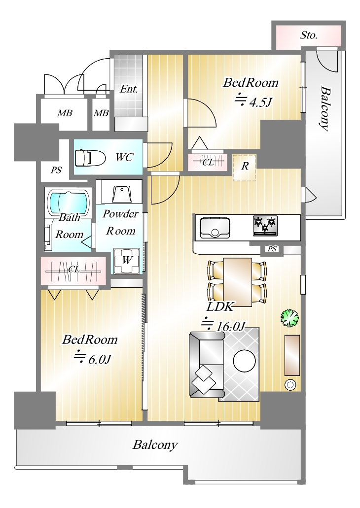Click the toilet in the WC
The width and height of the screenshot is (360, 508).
91,158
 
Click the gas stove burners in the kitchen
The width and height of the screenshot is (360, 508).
266,226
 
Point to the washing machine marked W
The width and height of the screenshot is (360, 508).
127,260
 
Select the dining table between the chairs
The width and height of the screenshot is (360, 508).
237,282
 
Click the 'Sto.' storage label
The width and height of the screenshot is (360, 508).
308,35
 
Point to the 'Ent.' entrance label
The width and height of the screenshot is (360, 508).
129,89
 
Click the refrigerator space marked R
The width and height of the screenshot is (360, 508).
245,167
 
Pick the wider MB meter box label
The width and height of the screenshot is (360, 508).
65,113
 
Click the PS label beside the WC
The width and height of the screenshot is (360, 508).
56,170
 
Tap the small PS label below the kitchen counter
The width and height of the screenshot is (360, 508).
272,249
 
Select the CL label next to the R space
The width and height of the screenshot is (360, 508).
208,162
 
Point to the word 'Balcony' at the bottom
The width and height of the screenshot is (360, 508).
155,445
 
